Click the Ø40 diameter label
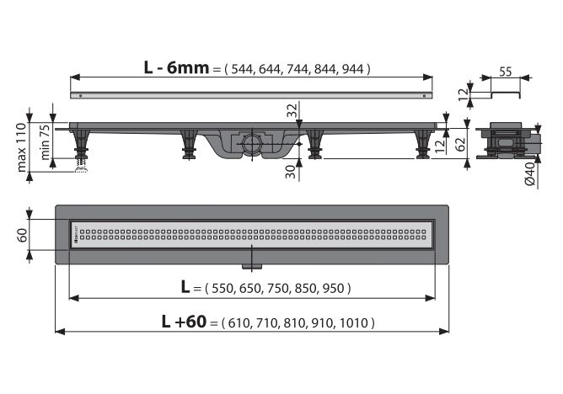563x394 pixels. click(x=528, y=174)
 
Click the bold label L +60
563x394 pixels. click(x=184, y=322)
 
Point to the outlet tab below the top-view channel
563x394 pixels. click(x=250, y=267)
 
